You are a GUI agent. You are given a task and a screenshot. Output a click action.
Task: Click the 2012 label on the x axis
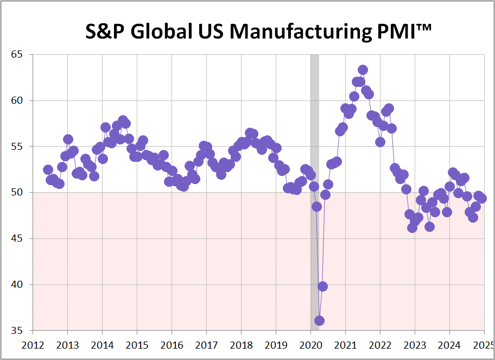[x=33, y=345]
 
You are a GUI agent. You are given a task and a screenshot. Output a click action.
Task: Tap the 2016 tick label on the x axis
[x=172, y=345]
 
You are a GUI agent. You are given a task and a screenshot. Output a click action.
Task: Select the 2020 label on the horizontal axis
[x=310, y=345]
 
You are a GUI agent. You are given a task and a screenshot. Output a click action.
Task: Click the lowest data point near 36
[x=319, y=320]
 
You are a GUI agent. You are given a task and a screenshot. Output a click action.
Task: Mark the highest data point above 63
[x=363, y=70]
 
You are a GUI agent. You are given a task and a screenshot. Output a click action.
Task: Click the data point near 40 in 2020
[x=322, y=286]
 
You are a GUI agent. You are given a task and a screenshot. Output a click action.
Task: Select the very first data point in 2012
[x=48, y=170]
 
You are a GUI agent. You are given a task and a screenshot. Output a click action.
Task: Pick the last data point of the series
[x=481, y=198]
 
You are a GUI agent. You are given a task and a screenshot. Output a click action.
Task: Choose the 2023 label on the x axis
[x=414, y=345]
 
